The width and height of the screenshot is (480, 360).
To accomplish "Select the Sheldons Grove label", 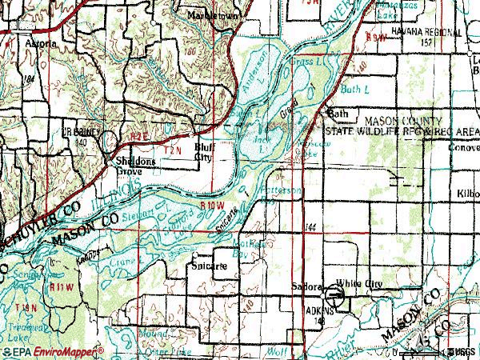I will point(132,166).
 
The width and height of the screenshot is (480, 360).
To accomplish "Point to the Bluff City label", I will point(206,153).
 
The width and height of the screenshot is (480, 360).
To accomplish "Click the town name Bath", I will point(339,114).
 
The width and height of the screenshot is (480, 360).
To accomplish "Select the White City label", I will point(359,285).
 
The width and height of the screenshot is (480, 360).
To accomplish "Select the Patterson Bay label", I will point(283,192).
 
